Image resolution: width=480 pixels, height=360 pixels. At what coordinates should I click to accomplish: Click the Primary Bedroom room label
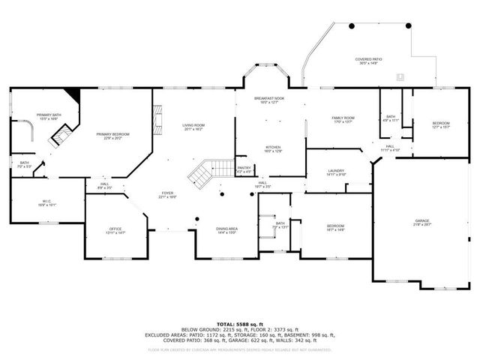tap(112, 134)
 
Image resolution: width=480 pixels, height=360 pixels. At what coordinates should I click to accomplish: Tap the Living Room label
tap(193, 125)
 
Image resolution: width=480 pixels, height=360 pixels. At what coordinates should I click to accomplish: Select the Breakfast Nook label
tap(269, 98)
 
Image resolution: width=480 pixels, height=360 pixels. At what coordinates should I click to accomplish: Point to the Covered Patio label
tap(368, 59)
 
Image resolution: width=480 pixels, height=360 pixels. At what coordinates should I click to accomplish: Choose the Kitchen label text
tap(271, 147)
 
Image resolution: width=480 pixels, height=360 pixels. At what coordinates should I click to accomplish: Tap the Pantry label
tap(244, 169)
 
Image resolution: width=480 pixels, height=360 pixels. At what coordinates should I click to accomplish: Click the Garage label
tap(423, 220)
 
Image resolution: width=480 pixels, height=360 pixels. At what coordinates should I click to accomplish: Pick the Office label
tap(115, 229)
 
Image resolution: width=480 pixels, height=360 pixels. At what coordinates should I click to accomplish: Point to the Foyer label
tap(166, 193)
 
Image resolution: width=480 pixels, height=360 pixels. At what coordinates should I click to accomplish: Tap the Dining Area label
tap(227, 229)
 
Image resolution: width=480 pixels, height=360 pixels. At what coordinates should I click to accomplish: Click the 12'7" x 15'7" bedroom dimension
tap(441, 127)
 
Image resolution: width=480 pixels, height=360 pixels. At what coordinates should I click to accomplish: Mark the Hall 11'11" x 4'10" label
tap(389, 148)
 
